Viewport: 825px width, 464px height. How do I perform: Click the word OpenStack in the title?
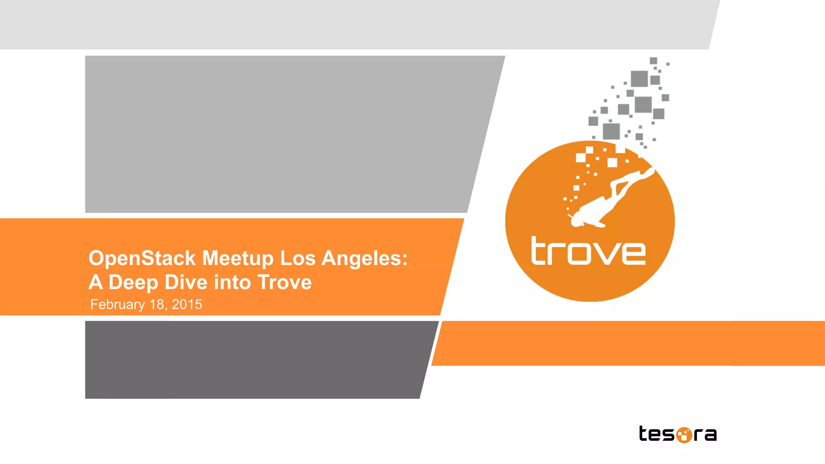(x=142, y=258)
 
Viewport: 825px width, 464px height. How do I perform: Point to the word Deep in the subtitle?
(x=133, y=282)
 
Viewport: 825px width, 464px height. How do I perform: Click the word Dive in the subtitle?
(x=186, y=282)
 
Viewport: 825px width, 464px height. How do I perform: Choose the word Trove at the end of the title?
(x=284, y=282)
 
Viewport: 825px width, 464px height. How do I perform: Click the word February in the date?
(x=117, y=305)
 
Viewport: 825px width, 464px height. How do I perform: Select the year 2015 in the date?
(x=187, y=305)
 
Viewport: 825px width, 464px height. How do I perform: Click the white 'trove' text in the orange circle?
(x=588, y=252)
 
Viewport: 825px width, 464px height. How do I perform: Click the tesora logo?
(x=678, y=434)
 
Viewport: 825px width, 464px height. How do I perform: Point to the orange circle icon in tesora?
(x=684, y=435)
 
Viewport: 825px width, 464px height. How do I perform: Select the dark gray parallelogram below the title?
(x=254, y=359)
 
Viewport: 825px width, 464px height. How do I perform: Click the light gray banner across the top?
(x=354, y=24)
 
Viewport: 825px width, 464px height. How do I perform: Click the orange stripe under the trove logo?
(x=628, y=343)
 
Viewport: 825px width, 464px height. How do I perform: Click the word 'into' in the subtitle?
(x=232, y=282)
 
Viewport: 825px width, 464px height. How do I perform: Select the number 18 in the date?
(x=157, y=305)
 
